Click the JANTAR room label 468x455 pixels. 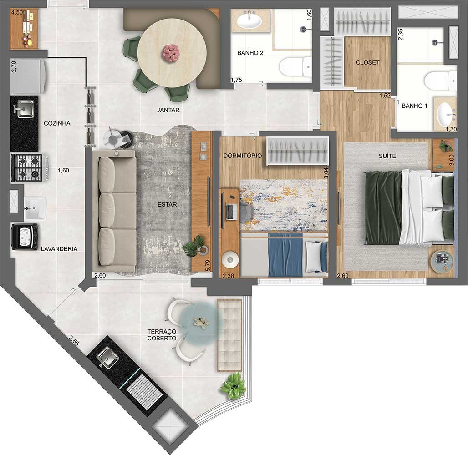[x=169, y=110]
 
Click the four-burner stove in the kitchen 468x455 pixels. [x=27, y=167]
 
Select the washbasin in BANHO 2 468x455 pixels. [x=249, y=20]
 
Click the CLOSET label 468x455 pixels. [x=367, y=62]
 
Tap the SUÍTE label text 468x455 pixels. [x=387, y=156]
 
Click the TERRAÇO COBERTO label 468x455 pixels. [x=161, y=335]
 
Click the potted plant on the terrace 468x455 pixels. [x=233, y=385]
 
